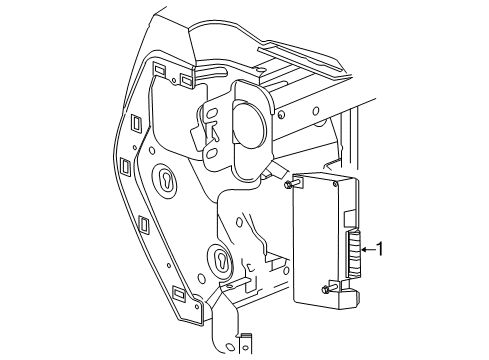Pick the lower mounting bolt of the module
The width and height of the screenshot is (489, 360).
[327, 290]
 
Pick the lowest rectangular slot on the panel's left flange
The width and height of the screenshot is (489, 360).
[179, 294]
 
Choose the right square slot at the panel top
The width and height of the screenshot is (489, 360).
[187, 77]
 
